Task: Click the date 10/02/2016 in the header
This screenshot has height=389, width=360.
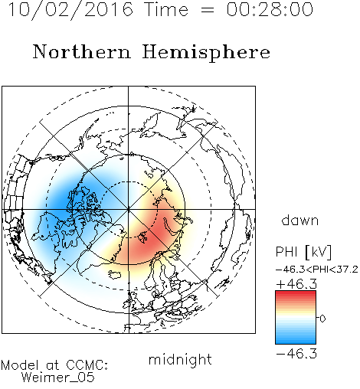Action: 70,10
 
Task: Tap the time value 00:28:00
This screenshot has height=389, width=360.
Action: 270,10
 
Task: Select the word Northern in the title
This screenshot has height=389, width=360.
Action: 82,51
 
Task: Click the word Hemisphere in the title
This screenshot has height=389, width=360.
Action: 206,52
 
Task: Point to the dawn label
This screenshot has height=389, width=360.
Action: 300,220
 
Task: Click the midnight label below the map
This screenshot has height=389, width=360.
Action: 180,359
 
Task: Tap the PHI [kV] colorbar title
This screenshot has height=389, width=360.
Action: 303,252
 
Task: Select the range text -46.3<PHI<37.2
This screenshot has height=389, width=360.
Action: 317,270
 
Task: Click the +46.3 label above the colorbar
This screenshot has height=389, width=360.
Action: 296,284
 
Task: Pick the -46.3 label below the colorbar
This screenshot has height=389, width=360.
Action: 296,354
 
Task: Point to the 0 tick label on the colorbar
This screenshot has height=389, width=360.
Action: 322,319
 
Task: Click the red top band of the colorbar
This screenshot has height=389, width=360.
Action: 296,293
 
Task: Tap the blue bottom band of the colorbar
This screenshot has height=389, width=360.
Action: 296,341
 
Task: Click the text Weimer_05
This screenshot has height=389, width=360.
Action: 58,377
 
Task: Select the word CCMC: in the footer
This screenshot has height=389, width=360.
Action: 87,365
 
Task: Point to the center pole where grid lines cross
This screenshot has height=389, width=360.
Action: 128,209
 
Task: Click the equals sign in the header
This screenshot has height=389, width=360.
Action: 207,10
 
